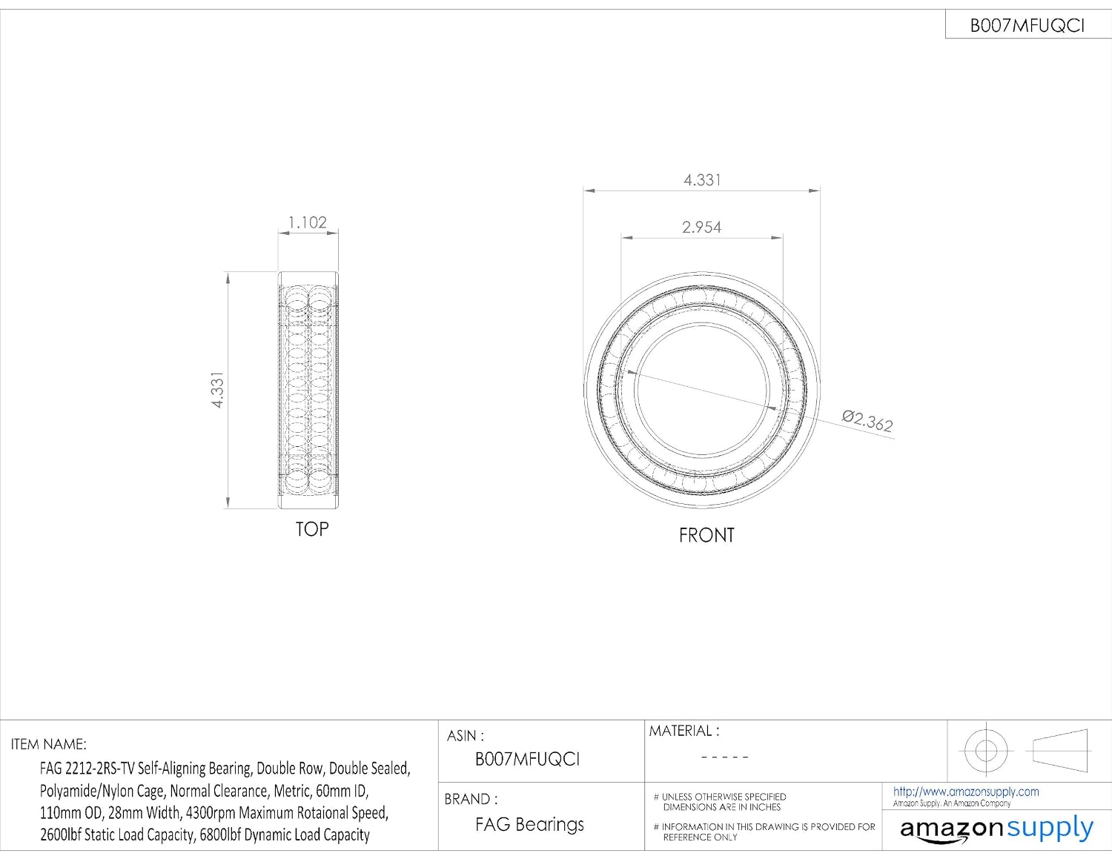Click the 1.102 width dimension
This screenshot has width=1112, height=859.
(x=307, y=222)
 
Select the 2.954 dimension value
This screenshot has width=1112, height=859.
(x=701, y=227)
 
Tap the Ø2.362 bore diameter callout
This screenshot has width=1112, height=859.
(x=867, y=421)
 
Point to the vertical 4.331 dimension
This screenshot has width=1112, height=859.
(x=218, y=390)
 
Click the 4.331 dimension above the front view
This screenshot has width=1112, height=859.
(x=702, y=180)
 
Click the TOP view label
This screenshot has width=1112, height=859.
(x=312, y=529)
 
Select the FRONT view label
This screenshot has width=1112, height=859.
(x=706, y=535)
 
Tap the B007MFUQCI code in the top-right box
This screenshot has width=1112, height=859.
(x=1027, y=26)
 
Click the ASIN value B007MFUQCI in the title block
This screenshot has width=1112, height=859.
(x=527, y=759)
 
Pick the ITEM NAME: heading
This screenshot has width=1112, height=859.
(x=49, y=744)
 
